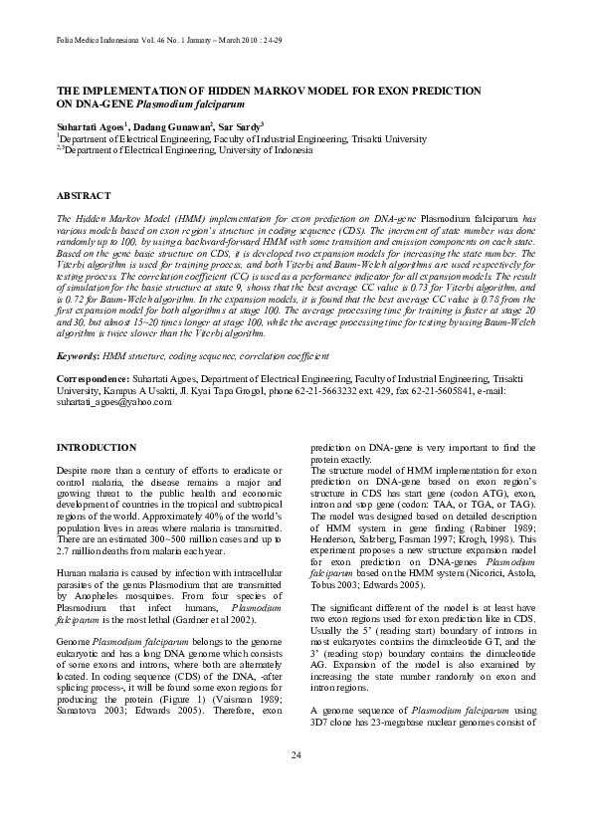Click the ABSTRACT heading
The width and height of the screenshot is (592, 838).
[84, 197]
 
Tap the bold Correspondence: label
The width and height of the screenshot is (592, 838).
[93, 380]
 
